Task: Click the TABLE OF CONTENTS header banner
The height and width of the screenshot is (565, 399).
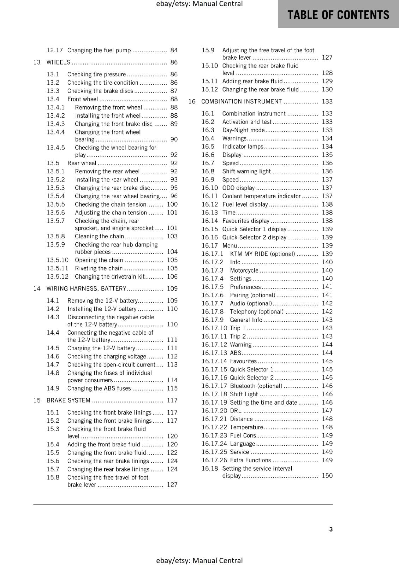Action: [338, 14]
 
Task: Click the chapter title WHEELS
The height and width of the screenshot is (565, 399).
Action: [58, 63]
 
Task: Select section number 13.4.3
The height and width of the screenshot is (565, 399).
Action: [56, 124]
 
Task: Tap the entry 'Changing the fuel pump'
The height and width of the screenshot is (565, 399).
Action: [99, 50]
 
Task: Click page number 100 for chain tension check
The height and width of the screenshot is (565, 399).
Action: [172, 204]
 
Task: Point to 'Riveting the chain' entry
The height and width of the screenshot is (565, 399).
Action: [99, 268]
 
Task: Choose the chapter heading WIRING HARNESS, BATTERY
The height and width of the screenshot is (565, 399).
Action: [86, 289]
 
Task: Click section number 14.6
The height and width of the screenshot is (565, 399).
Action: [53, 357]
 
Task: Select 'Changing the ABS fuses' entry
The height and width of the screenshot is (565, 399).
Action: [99, 388]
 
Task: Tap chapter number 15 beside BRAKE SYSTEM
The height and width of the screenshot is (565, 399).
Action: [37, 400]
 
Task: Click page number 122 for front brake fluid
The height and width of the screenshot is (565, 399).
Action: [172, 453]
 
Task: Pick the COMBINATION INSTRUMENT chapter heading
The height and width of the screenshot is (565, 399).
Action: [242, 102]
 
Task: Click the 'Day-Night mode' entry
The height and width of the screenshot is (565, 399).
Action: [243, 130]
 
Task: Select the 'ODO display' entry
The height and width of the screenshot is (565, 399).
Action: [238, 188]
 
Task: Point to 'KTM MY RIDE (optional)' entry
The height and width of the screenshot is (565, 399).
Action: [262, 254]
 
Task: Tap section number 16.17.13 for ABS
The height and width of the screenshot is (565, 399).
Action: [214, 353]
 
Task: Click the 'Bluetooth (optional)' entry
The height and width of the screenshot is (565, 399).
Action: [256, 386]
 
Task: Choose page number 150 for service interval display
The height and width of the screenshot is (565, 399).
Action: [327, 476]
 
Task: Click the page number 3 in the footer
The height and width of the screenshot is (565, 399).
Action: [331, 529]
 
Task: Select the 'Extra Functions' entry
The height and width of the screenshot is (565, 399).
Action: [250, 460]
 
